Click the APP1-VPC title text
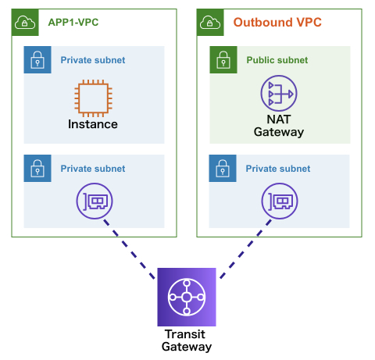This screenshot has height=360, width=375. [73, 22]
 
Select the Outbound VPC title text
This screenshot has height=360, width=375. [277, 22]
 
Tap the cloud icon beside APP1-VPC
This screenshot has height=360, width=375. [25, 23]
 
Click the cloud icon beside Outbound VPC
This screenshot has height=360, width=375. [210, 23]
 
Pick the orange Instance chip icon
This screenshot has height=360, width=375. [93, 98]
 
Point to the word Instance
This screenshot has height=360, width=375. [93, 124]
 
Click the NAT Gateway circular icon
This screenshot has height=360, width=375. [279, 93]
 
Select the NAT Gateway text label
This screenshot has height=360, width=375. [279, 126]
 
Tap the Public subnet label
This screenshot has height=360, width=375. [277, 60]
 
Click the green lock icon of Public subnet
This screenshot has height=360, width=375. [223, 59]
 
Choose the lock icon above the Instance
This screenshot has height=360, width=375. [37, 59]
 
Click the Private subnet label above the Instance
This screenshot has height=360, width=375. [93, 60]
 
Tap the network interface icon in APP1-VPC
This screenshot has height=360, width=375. [95, 201]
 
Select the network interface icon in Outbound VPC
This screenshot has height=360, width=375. [280, 201]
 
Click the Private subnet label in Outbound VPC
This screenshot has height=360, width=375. [278, 169]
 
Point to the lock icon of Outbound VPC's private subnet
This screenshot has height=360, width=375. [223, 168]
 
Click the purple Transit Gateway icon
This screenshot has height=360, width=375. [187, 297]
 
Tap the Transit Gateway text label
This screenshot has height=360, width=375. [187, 340]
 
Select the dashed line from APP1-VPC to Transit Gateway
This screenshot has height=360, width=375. [129, 249]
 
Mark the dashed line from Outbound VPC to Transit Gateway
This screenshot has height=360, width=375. [245, 249]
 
